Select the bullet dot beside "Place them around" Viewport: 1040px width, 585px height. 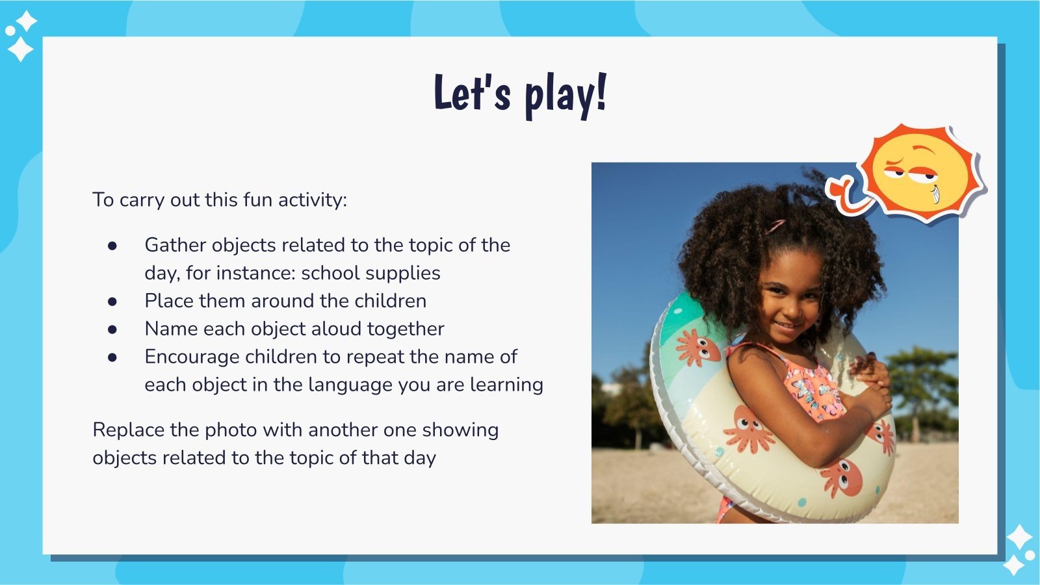pyautogui.click(x=112, y=301)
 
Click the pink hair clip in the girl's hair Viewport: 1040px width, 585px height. pyautogui.click(x=775, y=226)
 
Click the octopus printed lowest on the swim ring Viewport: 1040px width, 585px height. pyautogui.click(x=842, y=478)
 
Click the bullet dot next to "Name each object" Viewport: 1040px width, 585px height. pyautogui.click(x=112, y=329)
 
